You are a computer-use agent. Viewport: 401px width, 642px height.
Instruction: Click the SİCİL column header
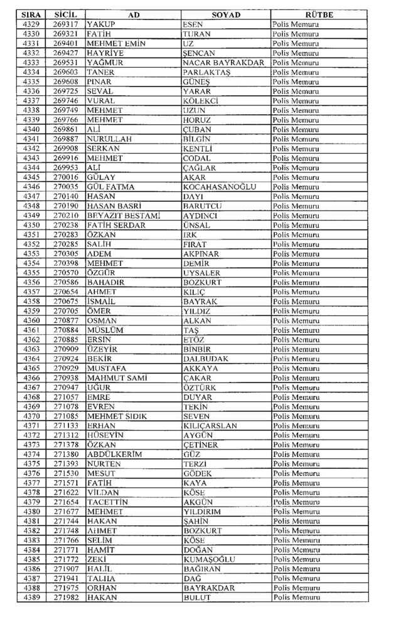[x=66, y=14]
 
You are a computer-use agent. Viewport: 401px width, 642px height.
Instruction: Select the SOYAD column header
[x=226, y=14]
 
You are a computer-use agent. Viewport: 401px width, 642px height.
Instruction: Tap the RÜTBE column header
[x=319, y=14]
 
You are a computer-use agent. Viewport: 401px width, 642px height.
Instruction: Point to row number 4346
[x=31, y=187]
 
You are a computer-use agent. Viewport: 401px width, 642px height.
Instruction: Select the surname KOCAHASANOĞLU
[x=220, y=187]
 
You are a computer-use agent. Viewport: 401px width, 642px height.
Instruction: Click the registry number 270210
[x=66, y=215]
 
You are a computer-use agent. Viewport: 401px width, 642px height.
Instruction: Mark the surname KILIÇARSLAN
[x=210, y=426]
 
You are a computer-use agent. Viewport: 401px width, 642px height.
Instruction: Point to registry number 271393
[x=66, y=464]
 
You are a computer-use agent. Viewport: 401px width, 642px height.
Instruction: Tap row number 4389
[x=31, y=597]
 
